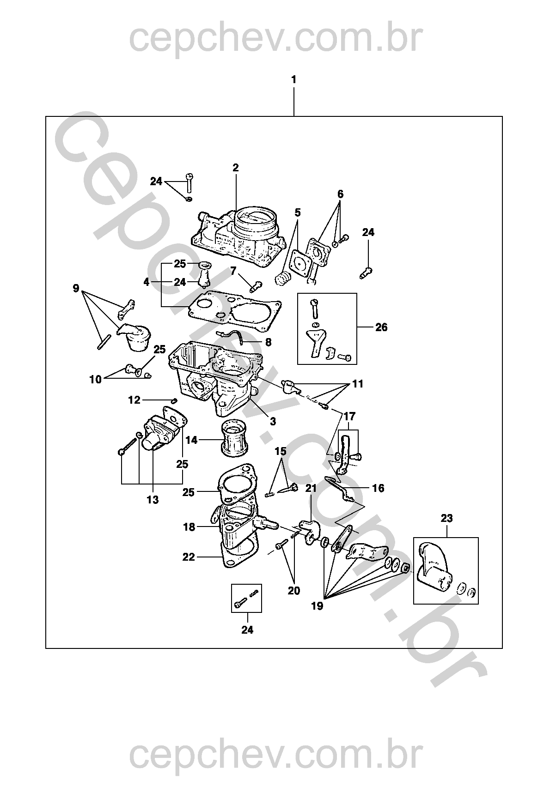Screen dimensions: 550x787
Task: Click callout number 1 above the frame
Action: [x=293, y=80]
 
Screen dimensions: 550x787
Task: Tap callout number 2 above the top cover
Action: [x=236, y=168]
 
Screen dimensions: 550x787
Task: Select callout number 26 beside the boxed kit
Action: [x=381, y=327]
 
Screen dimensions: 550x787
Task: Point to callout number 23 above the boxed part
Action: [x=446, y=518]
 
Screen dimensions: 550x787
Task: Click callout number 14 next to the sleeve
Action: [x=192, y=440]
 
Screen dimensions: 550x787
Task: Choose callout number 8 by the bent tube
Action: [x=269, y=342]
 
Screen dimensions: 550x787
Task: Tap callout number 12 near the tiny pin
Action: [x=134, y=400]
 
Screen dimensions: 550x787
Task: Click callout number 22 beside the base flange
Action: [x=189, y=557]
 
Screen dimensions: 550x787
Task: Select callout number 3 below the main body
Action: [x=273, y=421]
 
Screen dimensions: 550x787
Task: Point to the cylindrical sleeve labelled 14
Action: [x=234, y=438]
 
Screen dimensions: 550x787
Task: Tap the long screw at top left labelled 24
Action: [x=189, y=182]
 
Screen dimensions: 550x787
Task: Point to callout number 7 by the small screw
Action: [x=233, y=271]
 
